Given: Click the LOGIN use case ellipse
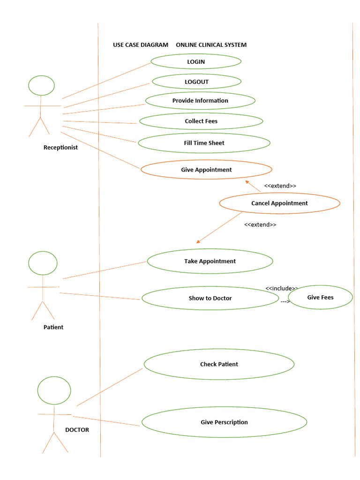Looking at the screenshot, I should [196, 61].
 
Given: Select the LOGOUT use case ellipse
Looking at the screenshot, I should [196, 82].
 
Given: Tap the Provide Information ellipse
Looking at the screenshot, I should [200, 100].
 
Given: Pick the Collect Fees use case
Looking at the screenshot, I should [201, 121].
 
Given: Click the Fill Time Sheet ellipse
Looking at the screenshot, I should [204, 143].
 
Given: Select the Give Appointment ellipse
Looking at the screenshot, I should [206, 170].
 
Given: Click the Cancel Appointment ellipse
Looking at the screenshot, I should [279, 203].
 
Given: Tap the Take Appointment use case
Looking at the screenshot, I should [210, 261].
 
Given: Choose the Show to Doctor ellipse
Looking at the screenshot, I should [210, 298].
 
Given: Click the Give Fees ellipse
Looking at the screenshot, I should [320, 297].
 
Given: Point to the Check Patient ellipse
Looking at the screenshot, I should [219, 364].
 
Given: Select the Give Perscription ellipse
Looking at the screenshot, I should [224, 422].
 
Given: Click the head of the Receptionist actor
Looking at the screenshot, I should [41, 85].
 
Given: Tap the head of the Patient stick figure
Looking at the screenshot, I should [43, 263].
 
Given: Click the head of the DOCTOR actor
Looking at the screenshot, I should [54, 390].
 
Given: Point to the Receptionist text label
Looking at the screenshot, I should [60, 147].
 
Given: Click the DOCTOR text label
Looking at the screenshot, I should [77, 429].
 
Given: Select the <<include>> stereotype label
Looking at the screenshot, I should [282, 288].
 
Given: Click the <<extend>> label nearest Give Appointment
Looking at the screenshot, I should [280, 186].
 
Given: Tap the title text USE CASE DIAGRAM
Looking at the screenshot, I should [140, 45].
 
